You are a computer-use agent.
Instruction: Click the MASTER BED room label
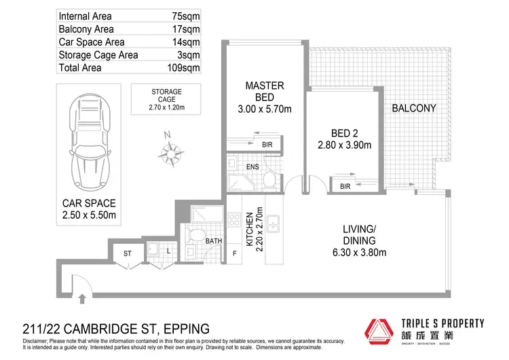click(x=264, y=92)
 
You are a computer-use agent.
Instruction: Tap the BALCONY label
click(x=413, y=109)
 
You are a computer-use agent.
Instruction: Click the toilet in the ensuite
click(x=269, y=180)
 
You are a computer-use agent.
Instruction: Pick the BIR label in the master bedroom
click(x=267, y=144)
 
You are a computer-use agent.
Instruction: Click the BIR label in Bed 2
click(x=345, y=185)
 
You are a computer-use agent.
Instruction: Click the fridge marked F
click(x=235, y=254)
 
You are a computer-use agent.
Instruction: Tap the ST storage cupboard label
click(x=126, y=253)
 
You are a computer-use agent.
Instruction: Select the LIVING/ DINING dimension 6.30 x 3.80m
click(x=360, y=253)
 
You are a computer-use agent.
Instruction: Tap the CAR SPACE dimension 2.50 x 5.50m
click(x=89, y=216)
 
